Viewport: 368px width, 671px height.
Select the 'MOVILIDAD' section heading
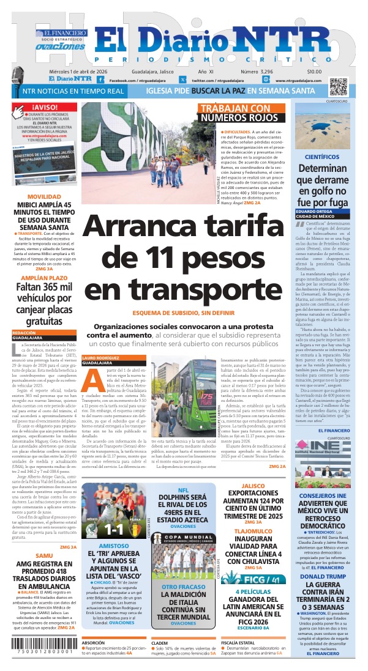coord(44,196)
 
